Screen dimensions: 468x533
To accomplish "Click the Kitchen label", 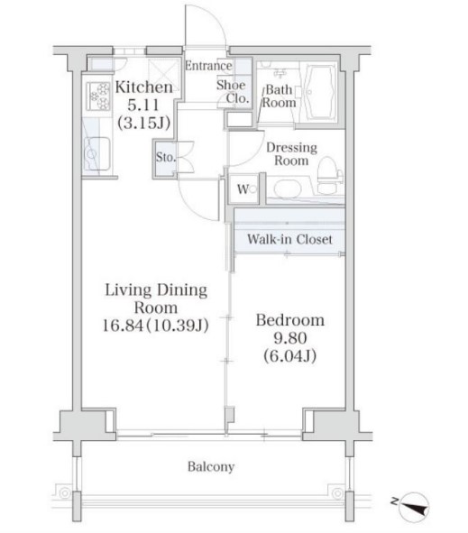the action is click(x=143, y=87).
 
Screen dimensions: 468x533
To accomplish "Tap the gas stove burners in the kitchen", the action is click(x=98, y=96).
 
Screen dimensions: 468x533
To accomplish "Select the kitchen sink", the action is click(x=96, y=154).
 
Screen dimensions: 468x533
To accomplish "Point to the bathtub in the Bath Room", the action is click(x=319, y=92).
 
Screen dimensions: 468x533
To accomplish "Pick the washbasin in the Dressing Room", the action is click(x=288, y=188).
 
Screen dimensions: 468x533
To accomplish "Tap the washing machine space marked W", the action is click(x=244, y=189).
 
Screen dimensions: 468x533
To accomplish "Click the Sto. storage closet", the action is click(x=166, y=158).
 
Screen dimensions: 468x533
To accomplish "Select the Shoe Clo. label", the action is click(x=233, y=92).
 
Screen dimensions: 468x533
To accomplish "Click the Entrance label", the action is click(x=208, y=66).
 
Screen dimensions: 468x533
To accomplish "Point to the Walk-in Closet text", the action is click(x=289, y=239).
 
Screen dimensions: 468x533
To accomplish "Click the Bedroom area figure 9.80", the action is click(x=290, y=338).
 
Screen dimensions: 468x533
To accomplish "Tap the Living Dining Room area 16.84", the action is click(x=123, y=326).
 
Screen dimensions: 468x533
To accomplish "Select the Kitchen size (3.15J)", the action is click(x=143, y=123).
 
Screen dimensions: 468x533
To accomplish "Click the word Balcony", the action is click(x=211, y=467).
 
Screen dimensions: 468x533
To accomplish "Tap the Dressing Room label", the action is click(x=291, y=154).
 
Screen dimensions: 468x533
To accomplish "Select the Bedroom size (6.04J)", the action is click(x=290, y=356).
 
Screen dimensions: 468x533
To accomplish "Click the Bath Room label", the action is click(x=279, y=96).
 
